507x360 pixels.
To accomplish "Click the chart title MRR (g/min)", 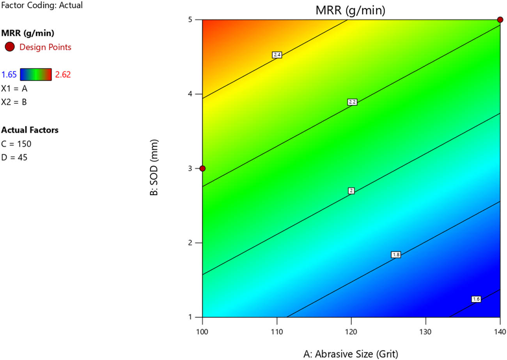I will (350, 11).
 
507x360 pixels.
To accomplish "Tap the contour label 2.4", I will (277, 55).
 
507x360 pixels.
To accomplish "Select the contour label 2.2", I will (352, 102).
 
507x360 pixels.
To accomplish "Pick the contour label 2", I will (351, 191).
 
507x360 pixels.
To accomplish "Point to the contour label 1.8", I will (396, 255).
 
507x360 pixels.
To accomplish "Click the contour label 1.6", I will (476, 299).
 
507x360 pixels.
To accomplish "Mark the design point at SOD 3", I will (202, 168).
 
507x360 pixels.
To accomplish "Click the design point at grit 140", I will (500, 20).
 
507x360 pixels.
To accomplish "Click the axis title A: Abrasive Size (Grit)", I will (351, 354).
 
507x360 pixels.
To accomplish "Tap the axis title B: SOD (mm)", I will (154, 168).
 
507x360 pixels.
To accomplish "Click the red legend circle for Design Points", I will (10, 47).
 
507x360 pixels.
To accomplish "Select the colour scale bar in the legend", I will (36, 74).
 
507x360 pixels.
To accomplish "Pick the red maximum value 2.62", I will (63, 74).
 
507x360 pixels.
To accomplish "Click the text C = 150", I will (16, 144).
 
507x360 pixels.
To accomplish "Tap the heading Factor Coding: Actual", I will (42, 6).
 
